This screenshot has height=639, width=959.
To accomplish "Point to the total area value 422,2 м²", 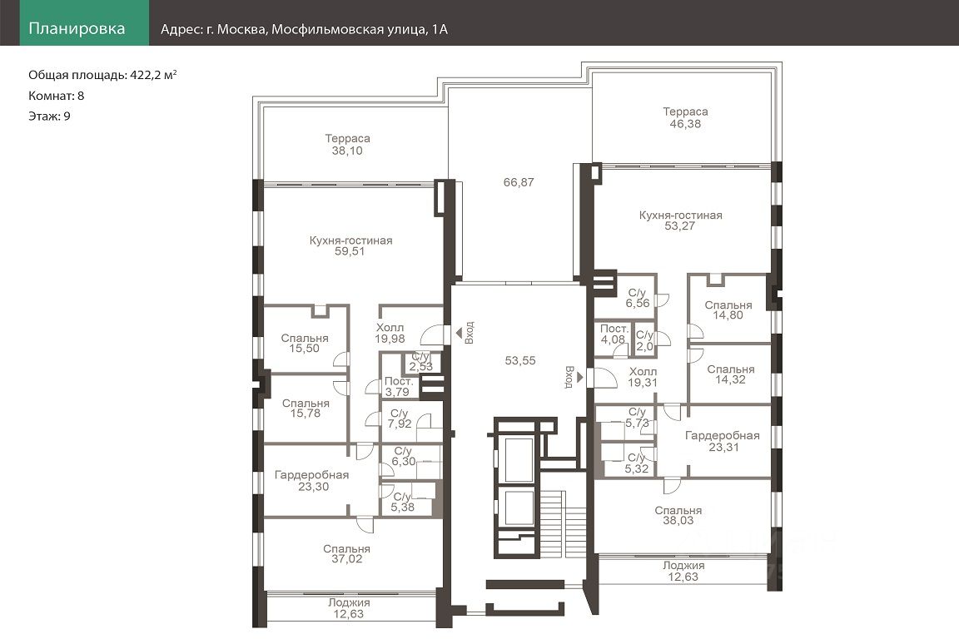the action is (x=153, y=75).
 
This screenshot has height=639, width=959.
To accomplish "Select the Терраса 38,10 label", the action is (x=347, y=144).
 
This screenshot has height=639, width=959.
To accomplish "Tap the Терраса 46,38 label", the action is (x=685, y=117).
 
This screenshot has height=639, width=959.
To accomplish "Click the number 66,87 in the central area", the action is (x=519, y=182).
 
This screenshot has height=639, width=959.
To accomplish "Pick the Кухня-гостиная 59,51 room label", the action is (x=350, y=245).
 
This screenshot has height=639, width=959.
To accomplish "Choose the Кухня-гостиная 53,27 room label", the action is (x=680, y=220).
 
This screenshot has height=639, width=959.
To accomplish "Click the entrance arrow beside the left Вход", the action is (x=459, y=334).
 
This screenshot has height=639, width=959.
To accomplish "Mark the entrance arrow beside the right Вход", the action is (x=579, y=378).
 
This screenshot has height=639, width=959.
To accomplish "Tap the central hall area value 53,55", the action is (x=520, y=361).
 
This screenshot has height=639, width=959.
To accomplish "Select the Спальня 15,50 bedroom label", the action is (x=305, y=343).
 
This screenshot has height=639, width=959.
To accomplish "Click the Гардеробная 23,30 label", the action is (x=312, y=481).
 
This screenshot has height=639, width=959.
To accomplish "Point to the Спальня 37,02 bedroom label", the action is (x=347, y=554).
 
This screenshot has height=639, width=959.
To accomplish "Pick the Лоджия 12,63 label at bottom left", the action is (x=349, y=608).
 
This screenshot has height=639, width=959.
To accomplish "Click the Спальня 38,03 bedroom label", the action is (x=678, y=516).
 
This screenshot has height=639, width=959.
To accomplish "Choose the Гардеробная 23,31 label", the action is (x=723, y=441).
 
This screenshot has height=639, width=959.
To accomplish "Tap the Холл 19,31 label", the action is (x=643, y=377).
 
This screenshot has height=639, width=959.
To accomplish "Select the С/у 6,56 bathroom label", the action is (x=638, y=298).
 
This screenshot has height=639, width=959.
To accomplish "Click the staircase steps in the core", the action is (x=563, y=524).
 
